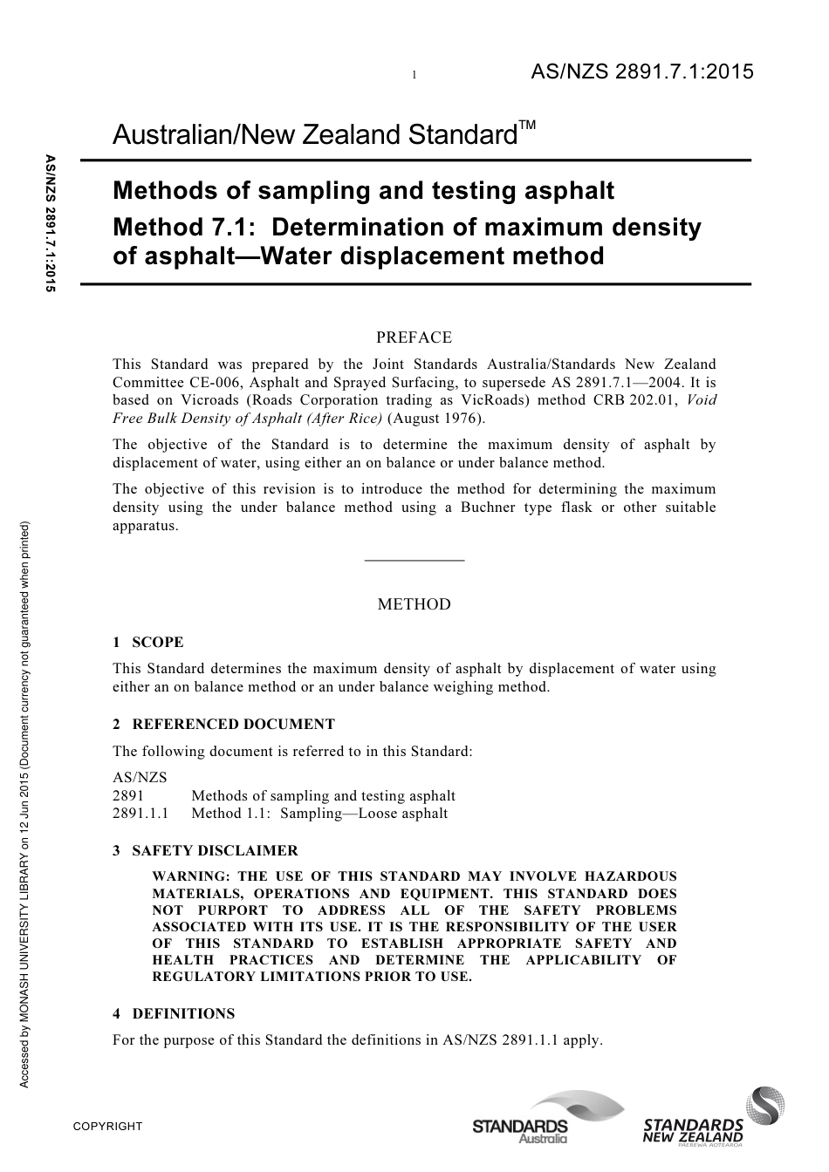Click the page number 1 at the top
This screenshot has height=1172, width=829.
coord(414,75)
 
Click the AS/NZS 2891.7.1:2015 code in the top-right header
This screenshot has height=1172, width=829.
coord(641,72)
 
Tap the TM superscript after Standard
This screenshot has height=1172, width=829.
coord(527,126)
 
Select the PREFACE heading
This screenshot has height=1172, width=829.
coord(414,337)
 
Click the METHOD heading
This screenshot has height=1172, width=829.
coord(414,604)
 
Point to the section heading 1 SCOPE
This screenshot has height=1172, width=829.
coord(148,643)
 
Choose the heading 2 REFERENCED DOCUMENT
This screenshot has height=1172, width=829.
coord(223,724)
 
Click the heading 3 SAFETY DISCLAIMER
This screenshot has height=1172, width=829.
coord(205,850)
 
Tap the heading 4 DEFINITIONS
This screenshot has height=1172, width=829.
coord(174,1013)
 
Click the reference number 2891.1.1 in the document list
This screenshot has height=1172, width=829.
coord(140,813)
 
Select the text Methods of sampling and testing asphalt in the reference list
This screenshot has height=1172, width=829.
coord(323,795)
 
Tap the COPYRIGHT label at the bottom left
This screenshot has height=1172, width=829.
coord(107,1126)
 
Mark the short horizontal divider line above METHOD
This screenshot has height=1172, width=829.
coord(414,560)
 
